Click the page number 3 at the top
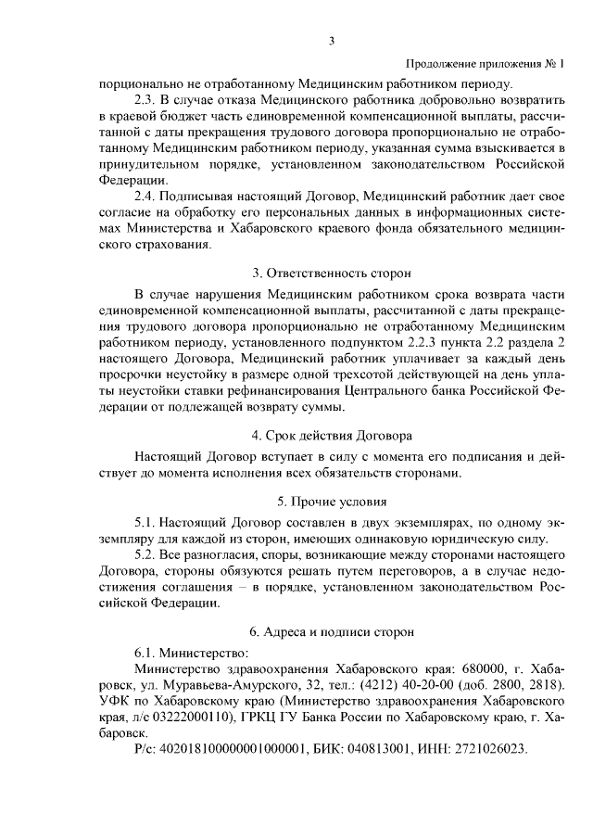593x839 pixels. coord(331,40)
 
